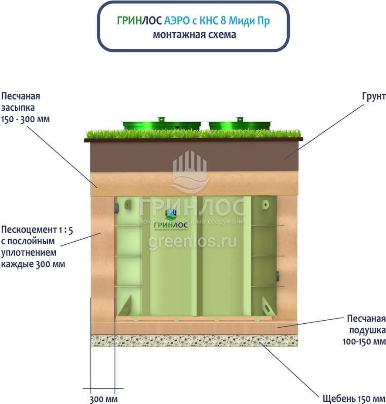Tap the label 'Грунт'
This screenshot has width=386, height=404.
(373, 96)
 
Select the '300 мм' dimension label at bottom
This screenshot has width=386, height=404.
(104, 399)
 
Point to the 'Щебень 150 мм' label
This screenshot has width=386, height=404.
(354, 399)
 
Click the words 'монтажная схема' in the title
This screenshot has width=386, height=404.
(194, 35)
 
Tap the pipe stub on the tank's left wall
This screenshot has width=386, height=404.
(115, 208)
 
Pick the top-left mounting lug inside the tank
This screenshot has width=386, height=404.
(128, 204)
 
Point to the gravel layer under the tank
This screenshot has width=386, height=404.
(194, 341)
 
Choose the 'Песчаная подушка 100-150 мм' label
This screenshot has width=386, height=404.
(361, 329)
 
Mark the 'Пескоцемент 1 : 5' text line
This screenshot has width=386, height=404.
(37, 230)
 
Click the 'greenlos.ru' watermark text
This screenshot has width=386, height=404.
(192, 241)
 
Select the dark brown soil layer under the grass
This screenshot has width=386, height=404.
(194, 156)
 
